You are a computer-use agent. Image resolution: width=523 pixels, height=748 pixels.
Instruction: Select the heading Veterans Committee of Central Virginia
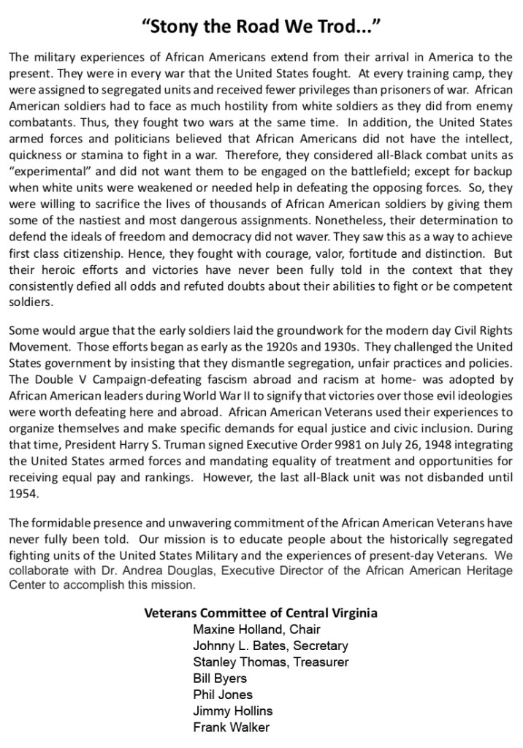coord(261,612)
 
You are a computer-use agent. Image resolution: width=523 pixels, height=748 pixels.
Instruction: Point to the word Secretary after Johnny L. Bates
coord(320,646)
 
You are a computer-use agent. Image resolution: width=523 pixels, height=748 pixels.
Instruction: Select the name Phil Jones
coord(223,694)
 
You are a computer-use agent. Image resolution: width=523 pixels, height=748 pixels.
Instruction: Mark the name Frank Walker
coord(232,727)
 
